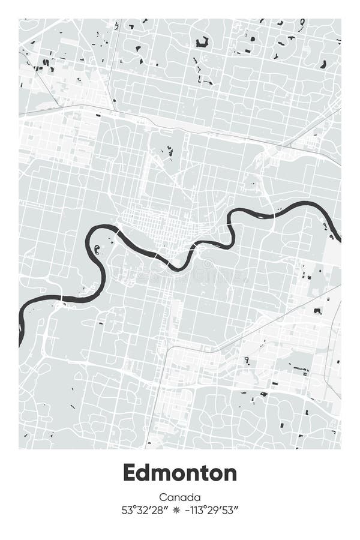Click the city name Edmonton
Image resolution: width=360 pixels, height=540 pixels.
coord(180,473)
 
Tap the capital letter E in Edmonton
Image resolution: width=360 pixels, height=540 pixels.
coord(130,473)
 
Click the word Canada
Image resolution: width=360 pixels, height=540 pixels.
coord(180,497)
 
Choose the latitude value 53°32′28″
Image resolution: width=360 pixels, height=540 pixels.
coord(144,511)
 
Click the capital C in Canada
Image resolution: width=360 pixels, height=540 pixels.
coord(163,497)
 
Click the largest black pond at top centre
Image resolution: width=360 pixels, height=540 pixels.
coord(202,42)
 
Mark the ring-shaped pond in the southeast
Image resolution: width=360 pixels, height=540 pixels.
coord(247,360)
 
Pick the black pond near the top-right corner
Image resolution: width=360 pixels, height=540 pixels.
coord(323,64)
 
